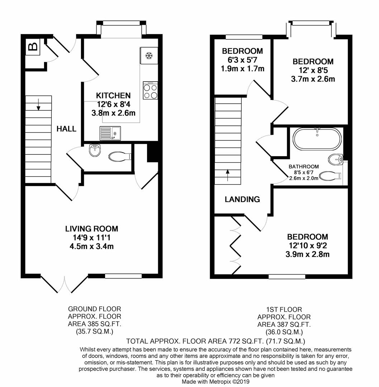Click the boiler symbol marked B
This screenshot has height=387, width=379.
[33, 47]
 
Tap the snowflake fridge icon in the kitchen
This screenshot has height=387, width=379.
[148, 56]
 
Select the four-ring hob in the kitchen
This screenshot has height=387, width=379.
[150, 90]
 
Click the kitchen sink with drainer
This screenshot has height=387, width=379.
[110, 133]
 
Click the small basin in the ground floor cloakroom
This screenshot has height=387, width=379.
[94, 150]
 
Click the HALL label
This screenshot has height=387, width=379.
[66, 129]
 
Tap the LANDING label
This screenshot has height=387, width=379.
[242, 200]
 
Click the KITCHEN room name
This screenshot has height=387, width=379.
[113, 96]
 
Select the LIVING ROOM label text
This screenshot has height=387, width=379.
[91, 229]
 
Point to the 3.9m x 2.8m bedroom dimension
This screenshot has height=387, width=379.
[307, 254]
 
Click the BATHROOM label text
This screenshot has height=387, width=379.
[304, 167]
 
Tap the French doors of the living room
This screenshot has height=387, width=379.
[65, 283]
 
